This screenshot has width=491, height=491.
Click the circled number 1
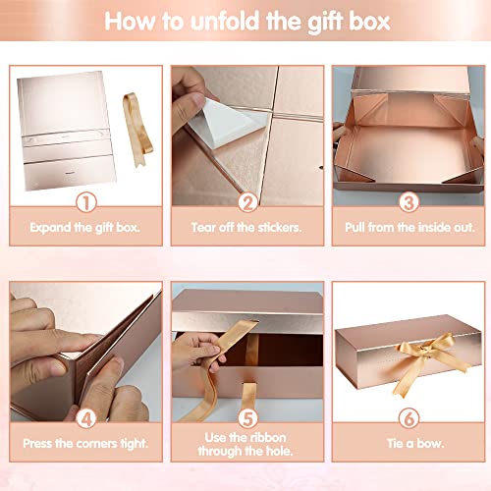pyautogui.click(x=86, y=202)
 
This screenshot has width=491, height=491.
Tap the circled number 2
pyautogui.click(x=247, y=202)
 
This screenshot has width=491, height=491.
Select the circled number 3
pyautogui.click(x=409, y=202)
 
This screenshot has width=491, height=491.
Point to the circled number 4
pyautogui.click(x=86, y=418)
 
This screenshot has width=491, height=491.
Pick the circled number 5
pyautogui.click(x=247, y=418)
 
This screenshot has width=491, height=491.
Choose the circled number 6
pyautogui.click(x=409, y=418)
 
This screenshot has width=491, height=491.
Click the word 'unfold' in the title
pyautogui.click(x=226, y=22)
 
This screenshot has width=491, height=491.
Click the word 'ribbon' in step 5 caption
pyautogui.click(x=267, y=437)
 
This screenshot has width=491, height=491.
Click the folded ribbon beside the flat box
pyautogui.click(x=136, y=130)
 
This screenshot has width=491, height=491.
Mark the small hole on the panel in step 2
pyautogui.click(x=321, y=168)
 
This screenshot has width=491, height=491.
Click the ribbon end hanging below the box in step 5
pyautogui.click(x=250, y=396)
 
